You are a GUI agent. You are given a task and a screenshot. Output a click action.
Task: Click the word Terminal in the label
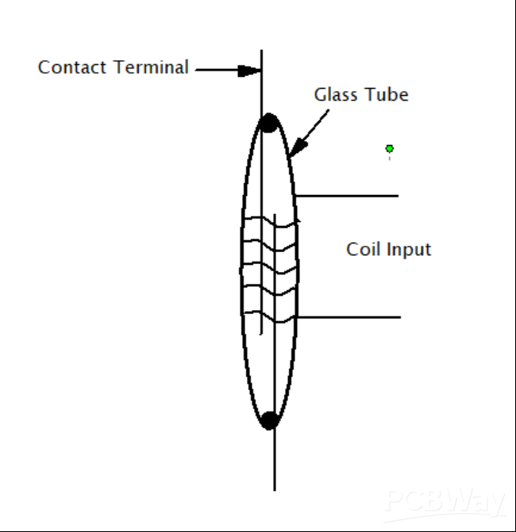pyautogui.click(x=150, y=67)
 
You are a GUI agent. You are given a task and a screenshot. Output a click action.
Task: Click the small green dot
pyautogui.click(x=389, y=148)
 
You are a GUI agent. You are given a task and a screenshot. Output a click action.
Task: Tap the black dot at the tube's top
pyautogui.click(x=269, y=123)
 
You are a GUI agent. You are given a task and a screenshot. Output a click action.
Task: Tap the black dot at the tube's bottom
pyautogui.click(x=270, y=420)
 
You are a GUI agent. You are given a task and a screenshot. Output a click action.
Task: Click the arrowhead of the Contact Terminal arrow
pyautogui.click(x=252, y=70)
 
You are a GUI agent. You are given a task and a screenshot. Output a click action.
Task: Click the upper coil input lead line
pyautogui.click(x=349, y=195)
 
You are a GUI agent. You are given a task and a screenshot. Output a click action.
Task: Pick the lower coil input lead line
pyautogui.click(x=349, y=317)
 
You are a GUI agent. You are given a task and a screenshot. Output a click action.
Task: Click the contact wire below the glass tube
pyautogui.click(x=275, y=460)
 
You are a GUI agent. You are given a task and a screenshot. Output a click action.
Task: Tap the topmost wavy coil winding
pyautogui.click(x=270, y=224)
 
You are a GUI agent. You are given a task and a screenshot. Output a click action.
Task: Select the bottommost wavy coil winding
pyautogui.click(x=270, y=316)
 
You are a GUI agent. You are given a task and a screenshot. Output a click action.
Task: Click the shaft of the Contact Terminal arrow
pyautogui.click(x=216, y=70)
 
